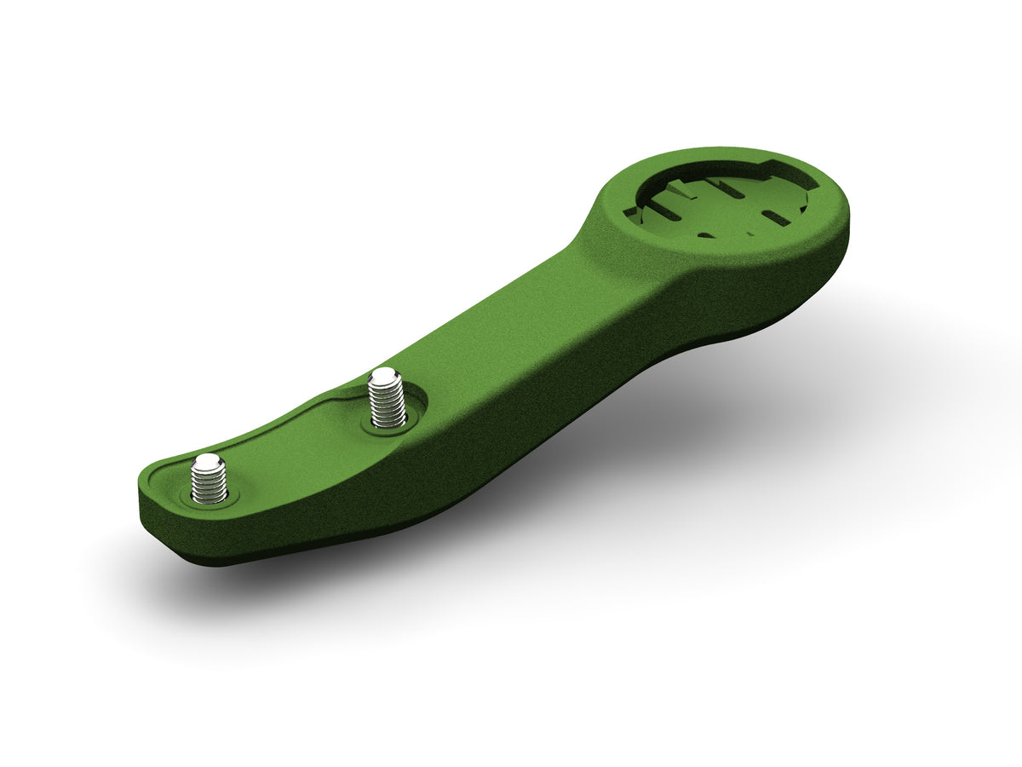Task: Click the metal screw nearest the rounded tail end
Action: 209,479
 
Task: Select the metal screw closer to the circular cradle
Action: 386,399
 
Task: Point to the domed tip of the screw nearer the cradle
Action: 385,376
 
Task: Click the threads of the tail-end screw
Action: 209,486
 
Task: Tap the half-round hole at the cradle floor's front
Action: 706,233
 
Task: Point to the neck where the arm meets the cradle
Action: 592,256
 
